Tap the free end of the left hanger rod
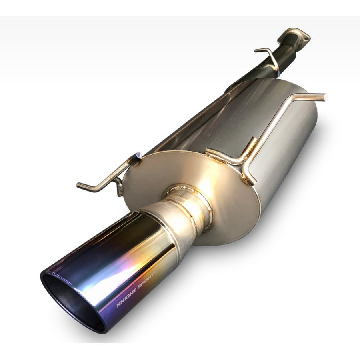[x=78, y=184]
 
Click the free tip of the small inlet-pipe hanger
[x=256, y=50]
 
